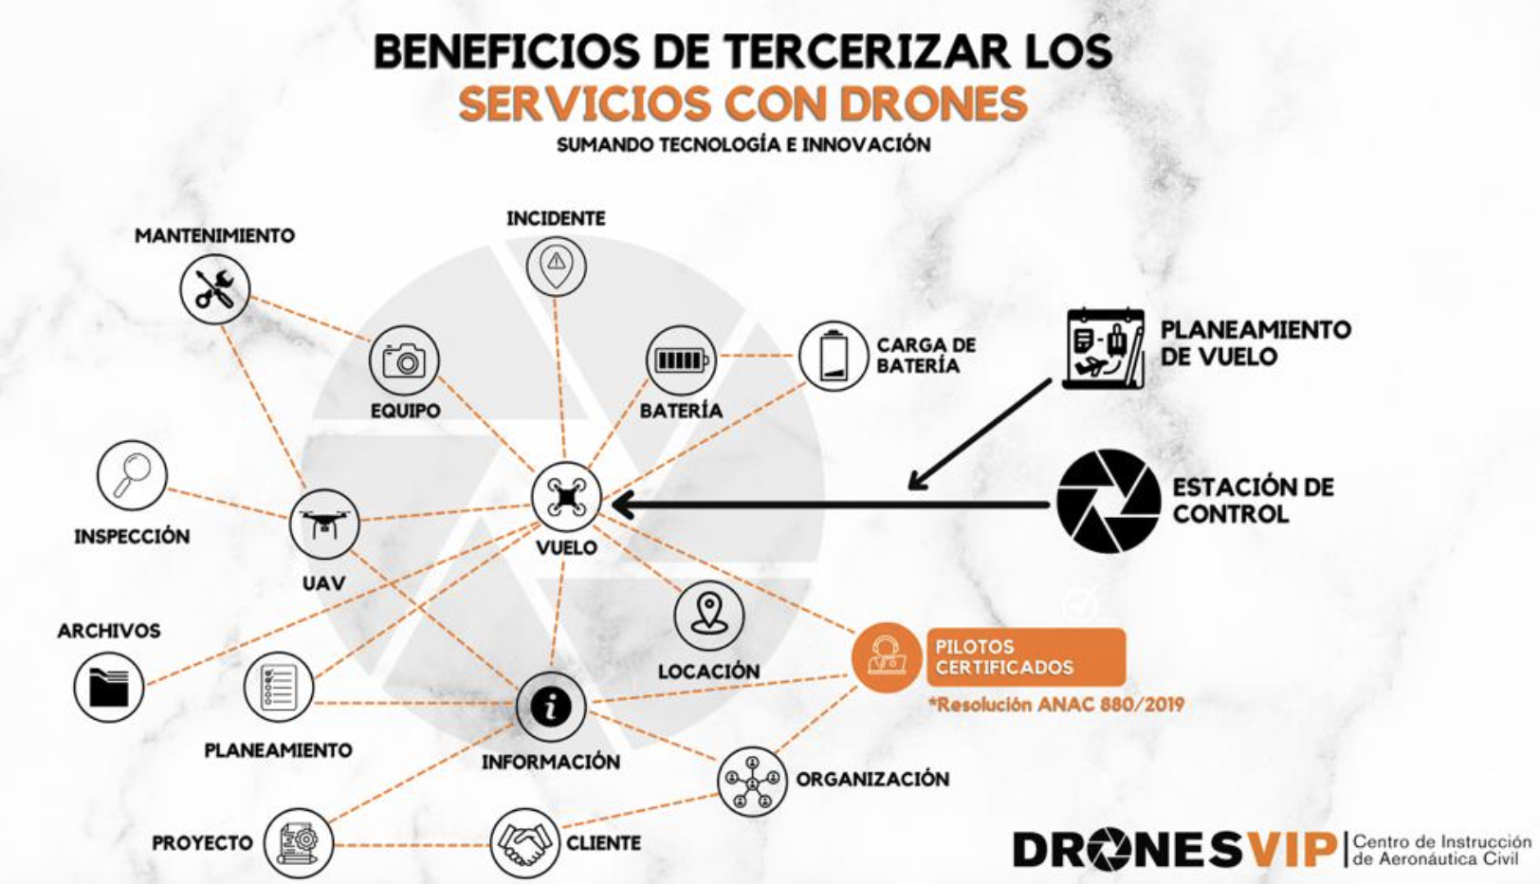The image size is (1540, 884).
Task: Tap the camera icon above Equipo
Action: click(404, 360)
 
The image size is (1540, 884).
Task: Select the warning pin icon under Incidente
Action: click(556, 266)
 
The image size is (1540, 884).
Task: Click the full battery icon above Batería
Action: click(681, 360)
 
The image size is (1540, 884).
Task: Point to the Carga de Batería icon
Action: click(834, 356)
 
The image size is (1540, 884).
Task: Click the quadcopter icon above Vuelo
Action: click(566, 497)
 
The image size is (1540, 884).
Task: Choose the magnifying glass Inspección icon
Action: click(132, 475)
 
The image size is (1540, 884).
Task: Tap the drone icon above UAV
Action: click(324, 524)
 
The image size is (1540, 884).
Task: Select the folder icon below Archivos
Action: click(109, 687)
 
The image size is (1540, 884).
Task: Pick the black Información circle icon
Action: click(551, 707)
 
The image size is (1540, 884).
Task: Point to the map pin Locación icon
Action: click(708, 617)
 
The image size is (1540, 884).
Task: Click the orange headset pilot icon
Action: click(886, 657)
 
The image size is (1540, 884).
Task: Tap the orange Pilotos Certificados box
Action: click(1025, 656)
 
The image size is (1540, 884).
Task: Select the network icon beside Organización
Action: click(752, 782)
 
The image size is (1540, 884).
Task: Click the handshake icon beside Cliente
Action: click(524, 842)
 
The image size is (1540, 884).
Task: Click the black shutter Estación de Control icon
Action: click(1109, 502)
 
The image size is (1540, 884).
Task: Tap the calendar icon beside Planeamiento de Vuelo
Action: click(1104, 348)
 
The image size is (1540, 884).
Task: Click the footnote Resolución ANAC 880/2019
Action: click(1056, 705)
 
